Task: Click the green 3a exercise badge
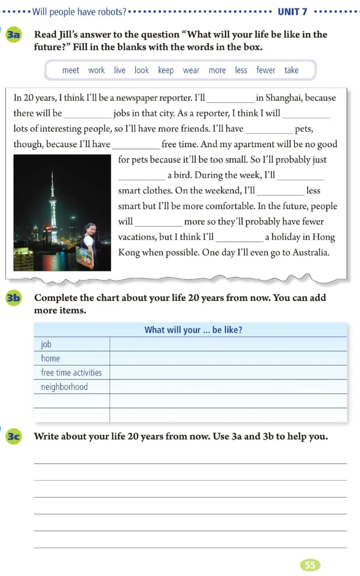tap(14, 34)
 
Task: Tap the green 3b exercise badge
tap(14, 298)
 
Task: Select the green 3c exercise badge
tap(14, 436)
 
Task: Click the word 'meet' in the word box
tap(70, 70)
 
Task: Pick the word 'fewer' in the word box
tap(266, 70)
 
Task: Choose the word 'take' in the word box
tap(291, 70)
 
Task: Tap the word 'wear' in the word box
tap(191, 70)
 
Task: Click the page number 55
tap(310, 565)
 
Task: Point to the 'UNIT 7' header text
tap(292, 12)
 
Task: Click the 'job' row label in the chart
tap(46, 345)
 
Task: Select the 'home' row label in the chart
tap(50, 358)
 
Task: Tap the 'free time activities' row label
tap(71, 373)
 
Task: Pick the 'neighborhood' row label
tap(64, 387)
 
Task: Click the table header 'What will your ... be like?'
tap(193, 330)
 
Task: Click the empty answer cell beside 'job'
tap(228, 345)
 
